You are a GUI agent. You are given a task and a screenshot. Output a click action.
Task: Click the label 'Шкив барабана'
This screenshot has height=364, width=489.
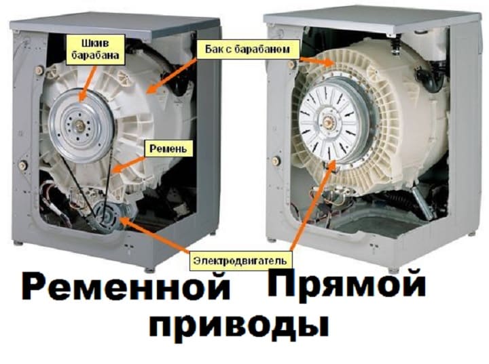96,49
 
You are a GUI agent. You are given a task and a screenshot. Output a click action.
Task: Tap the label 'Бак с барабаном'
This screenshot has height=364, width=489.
247,49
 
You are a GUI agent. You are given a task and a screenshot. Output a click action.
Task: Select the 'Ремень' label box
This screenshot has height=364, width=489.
168,148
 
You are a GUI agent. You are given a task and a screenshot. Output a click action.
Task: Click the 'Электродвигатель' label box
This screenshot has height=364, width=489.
240,260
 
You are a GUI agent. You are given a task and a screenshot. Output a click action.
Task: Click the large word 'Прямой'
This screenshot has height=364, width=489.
346,284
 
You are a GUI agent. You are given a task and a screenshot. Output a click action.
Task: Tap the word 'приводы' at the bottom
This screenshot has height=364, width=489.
238,326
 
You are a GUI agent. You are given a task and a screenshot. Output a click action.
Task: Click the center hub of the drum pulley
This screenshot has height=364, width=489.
79,125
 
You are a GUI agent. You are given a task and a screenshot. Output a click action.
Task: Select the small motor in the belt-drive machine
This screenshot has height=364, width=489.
106,216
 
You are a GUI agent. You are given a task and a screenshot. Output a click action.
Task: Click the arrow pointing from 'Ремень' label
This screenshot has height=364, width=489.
129,164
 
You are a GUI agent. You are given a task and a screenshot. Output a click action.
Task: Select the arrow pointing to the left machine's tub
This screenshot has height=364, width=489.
172,75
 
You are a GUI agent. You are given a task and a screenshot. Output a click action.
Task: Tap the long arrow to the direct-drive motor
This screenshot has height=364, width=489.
313,205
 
